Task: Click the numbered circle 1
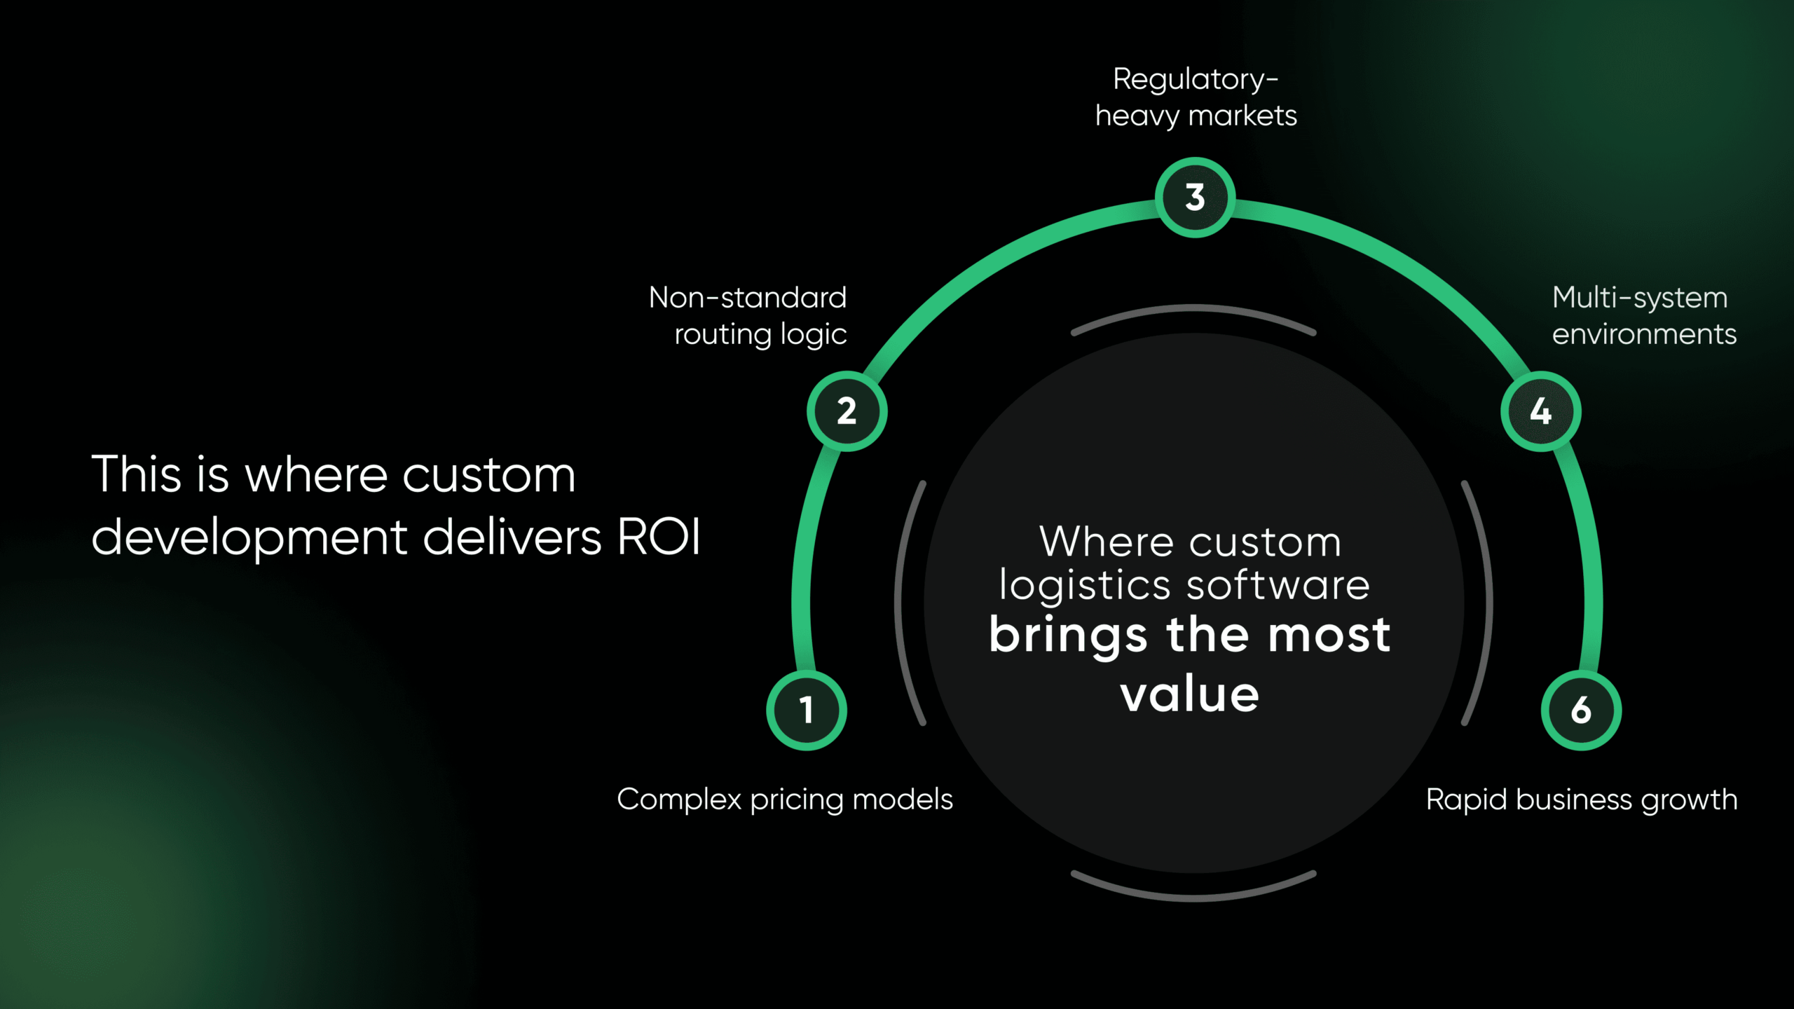807,710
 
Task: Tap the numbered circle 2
847,411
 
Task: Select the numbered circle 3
1195,198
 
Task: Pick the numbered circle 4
1540,411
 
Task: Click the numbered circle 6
1581,710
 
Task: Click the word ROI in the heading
659,537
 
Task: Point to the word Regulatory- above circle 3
1196,80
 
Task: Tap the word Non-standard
748,298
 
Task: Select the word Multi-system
1640,298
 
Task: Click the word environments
1644,334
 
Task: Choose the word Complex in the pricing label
679,799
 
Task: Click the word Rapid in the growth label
1466,799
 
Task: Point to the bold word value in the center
1190,695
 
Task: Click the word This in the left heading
137,474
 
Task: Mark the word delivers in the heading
512,537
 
